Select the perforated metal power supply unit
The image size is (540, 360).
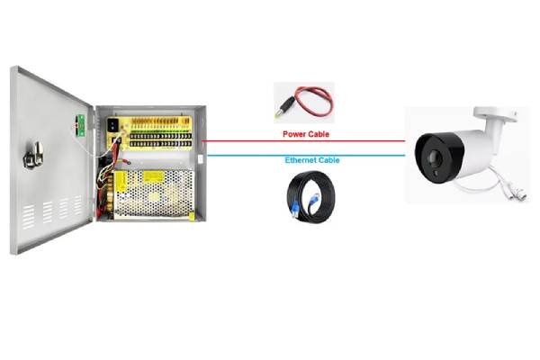(148, 193)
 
